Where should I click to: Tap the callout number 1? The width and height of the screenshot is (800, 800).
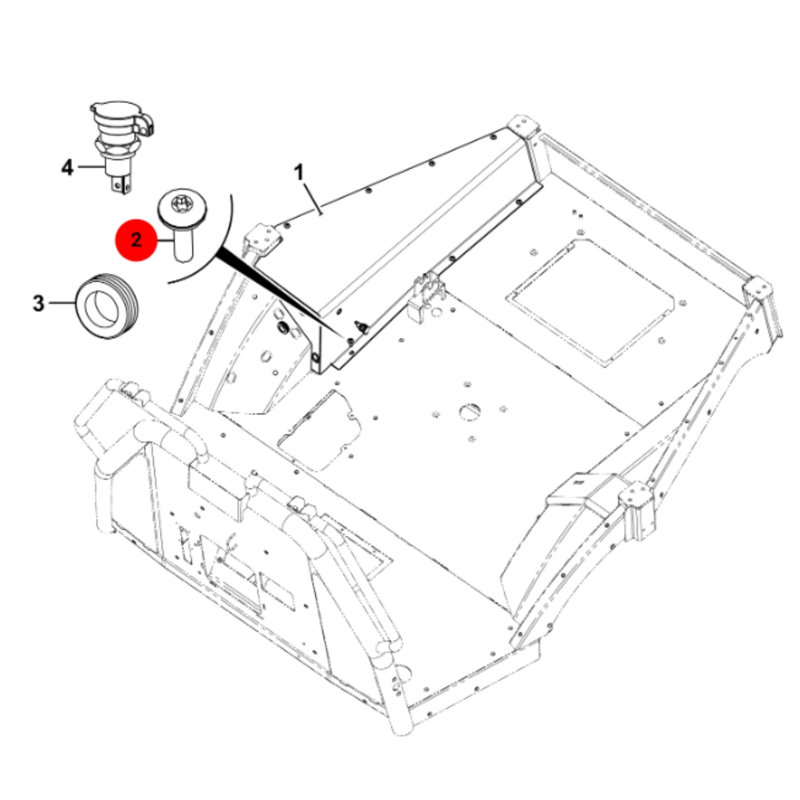point(299,173)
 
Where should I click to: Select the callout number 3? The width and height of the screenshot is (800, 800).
point(38,303)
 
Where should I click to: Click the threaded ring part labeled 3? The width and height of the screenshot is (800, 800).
point(107,306)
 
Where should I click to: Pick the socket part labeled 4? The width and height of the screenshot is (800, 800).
point(121,147)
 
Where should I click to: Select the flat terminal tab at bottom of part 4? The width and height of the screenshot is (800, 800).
point(121,184)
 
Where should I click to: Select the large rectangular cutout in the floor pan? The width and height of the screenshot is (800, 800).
point(590,303)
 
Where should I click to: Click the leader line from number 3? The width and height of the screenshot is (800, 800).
point(62,303)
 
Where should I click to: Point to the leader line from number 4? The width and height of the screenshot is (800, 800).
point(91,167)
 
